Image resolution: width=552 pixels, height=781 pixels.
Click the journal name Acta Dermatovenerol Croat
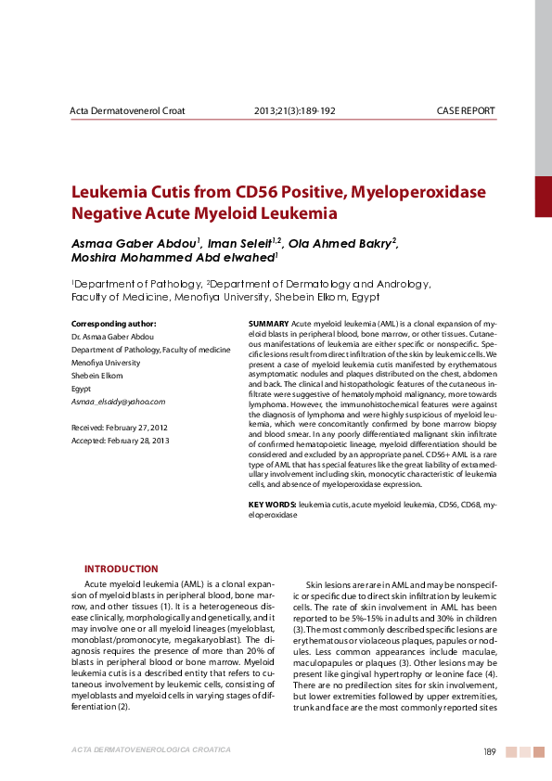click(x=128, y=111)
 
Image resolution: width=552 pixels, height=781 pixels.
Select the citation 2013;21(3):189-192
click(x=294, y=111)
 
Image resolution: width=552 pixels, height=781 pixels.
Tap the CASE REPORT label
click(x=466, y=111)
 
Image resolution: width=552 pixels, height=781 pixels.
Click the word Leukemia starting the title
click(x=111, y=192)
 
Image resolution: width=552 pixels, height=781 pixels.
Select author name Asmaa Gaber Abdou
click(x=134, y=242)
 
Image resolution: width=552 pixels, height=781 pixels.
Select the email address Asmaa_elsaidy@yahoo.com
click(x=118, y=402)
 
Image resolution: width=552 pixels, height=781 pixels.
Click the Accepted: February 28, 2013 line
click(x=120, y=441)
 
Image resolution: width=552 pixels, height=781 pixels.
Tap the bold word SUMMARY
click(x=268, y=322)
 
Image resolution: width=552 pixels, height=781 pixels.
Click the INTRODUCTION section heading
click(x=121, y=569)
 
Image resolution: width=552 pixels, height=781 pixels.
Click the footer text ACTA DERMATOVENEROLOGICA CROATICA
click(x=150, y=750)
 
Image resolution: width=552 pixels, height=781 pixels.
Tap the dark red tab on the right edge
click(x=543, y=196)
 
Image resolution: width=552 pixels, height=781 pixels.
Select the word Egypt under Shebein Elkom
click(x=82, y=389)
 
